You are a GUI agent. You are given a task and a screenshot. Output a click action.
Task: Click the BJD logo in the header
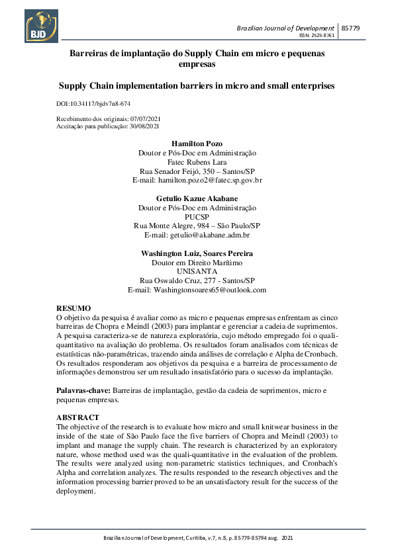tap(42, 26)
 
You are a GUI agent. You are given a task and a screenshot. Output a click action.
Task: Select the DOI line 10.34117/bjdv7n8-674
tap(93, 105)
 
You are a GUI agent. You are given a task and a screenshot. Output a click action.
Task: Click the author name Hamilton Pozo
tap(197, 144)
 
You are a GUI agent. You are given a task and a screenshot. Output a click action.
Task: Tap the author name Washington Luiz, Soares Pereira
tap(197, 253)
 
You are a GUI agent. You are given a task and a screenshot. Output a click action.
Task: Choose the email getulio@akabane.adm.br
tap(209, 235)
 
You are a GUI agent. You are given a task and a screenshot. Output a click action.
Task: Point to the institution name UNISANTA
tap(197, 271)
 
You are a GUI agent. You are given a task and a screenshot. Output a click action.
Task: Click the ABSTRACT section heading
tap(77, 418)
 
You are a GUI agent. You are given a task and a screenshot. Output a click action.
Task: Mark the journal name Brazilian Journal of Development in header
tap(285, 28)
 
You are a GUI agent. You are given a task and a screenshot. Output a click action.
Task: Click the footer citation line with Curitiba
tap(197, 538)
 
